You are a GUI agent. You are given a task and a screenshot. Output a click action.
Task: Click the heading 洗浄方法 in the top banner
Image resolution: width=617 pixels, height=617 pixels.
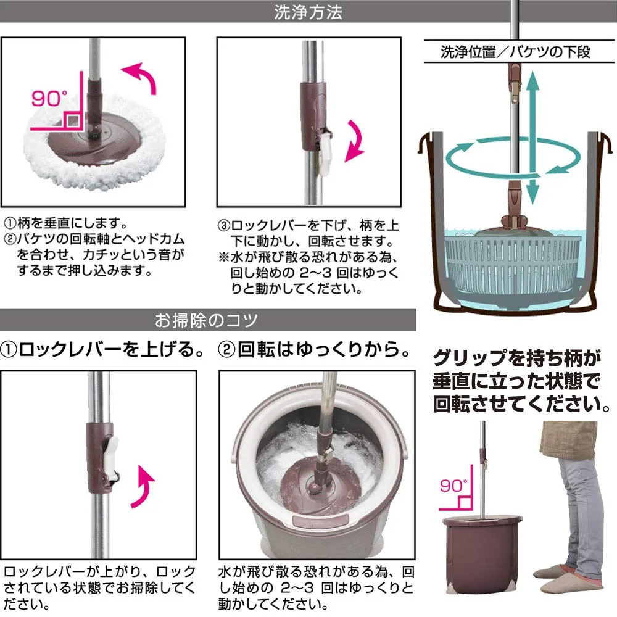point(308,12)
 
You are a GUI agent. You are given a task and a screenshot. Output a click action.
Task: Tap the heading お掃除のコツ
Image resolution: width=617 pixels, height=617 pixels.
point(206,320)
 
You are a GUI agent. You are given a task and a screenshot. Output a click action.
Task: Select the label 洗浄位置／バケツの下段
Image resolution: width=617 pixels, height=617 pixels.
point(515,52)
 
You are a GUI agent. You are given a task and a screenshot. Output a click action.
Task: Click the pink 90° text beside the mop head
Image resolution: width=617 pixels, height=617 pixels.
point(49,98)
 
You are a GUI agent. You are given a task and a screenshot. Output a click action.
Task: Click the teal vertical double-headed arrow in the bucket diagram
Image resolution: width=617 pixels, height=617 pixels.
point(532,138)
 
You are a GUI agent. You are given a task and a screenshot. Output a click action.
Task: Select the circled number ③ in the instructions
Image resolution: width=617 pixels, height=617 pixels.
point(223,226)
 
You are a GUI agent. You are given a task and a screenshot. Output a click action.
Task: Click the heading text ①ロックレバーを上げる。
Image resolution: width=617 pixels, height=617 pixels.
point(102,349)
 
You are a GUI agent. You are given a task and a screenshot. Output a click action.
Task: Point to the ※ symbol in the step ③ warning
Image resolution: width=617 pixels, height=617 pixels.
point(224,257)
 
